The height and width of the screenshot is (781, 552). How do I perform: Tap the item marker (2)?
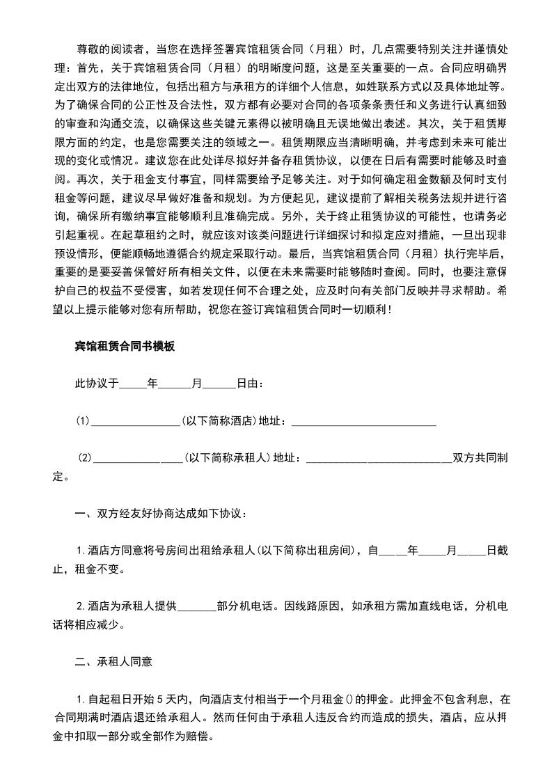coord(85,458)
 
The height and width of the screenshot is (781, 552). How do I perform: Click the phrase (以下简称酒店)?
coord(219,421)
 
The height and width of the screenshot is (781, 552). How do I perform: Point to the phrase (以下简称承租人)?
coord(226,458)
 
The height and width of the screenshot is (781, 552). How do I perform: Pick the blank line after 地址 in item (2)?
coord(379,459)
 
